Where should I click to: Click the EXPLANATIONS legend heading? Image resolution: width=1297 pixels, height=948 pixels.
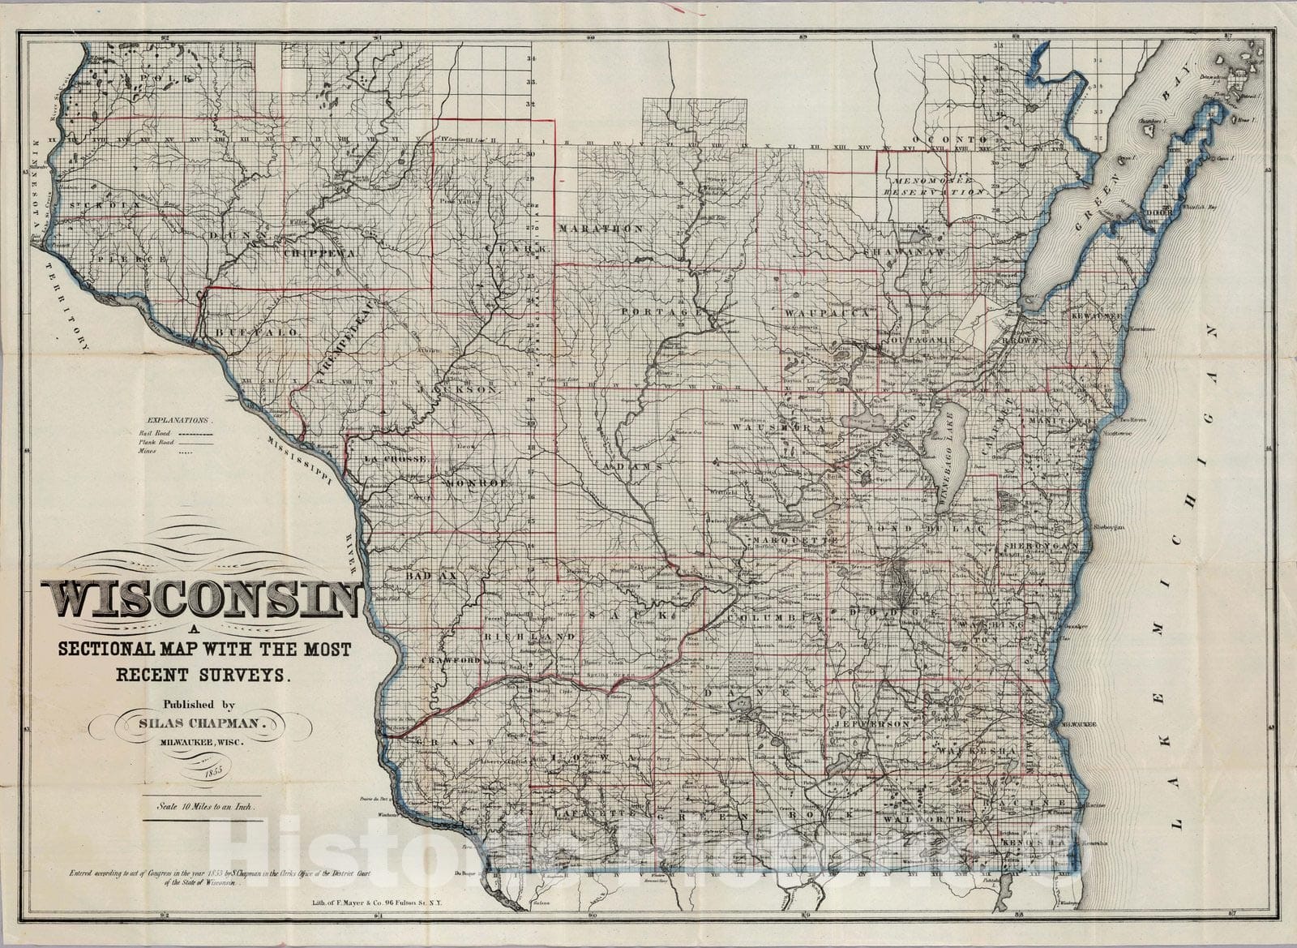pos(178,422)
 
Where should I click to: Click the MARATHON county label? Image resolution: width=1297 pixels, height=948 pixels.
pos(600,229)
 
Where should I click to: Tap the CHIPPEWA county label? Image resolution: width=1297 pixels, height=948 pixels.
pos(320,253)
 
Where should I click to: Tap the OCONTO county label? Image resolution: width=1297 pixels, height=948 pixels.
pos(960,139)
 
